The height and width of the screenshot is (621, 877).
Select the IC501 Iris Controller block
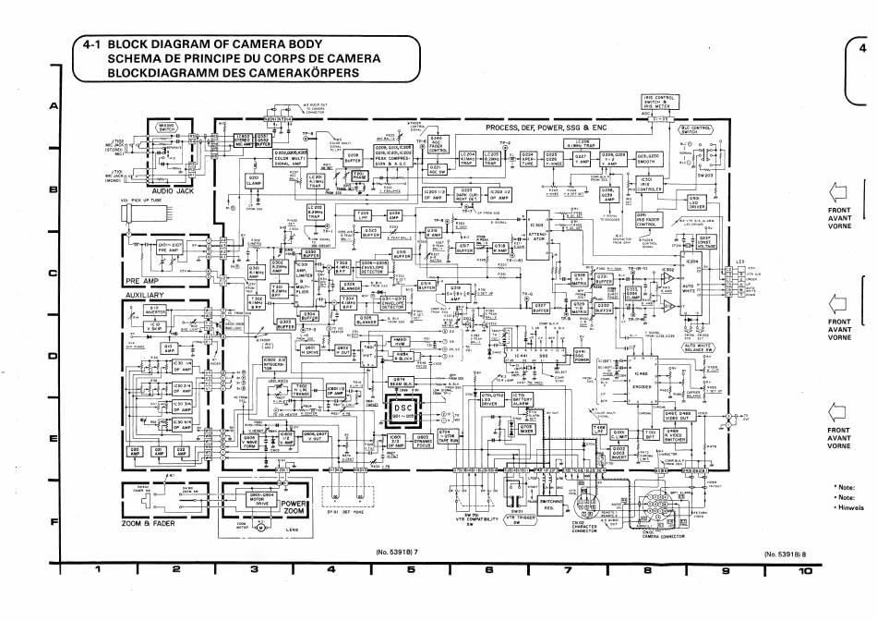click(x=647, y=184)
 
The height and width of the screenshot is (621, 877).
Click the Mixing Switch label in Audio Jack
click(x=168, y=127)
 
